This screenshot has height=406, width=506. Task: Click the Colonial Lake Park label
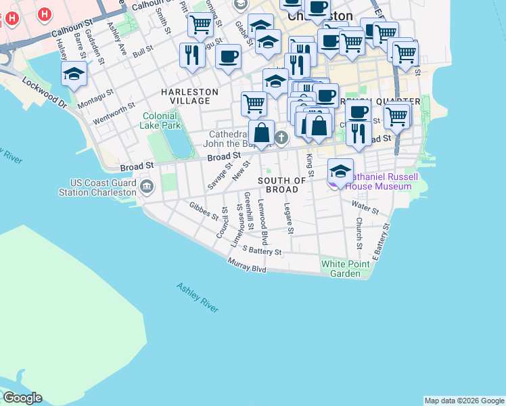[161, 120]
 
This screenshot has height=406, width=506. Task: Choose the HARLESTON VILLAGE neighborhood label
[189, 96]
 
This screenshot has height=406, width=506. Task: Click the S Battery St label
[262, 251]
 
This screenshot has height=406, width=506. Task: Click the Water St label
[365, 204]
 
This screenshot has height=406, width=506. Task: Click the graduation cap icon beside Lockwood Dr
[74, 75]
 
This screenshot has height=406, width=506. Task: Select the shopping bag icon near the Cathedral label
[261, 132]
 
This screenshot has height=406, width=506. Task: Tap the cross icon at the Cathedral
[281, 139]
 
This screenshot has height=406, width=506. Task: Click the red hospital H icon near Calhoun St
[45, 14]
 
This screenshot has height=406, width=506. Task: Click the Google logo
[22, 398]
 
